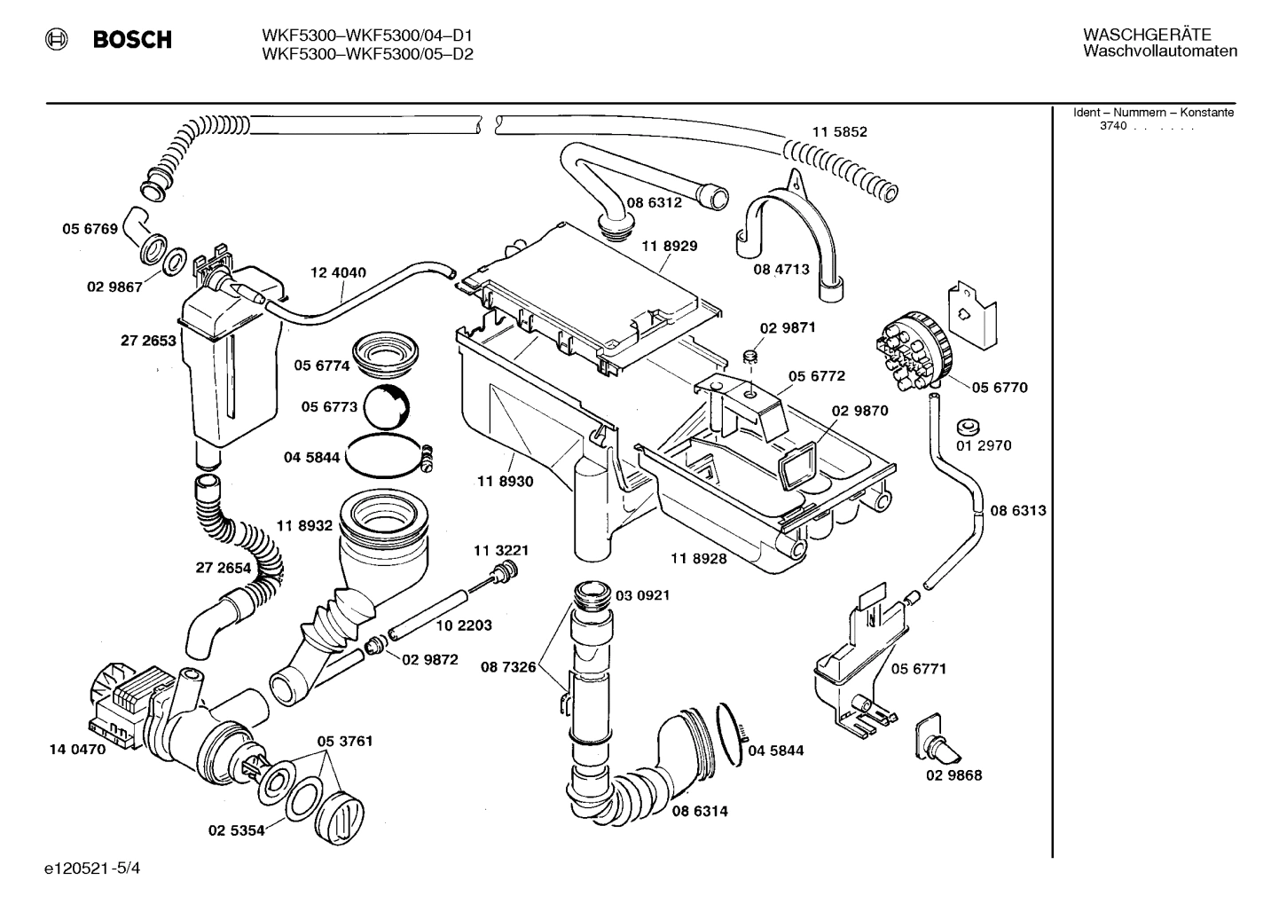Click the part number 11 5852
[839, 131]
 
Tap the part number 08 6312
[654, 202]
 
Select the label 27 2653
[148, 340]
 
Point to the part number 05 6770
[999, 387]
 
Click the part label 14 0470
[77, 749]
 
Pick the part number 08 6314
[699, 811]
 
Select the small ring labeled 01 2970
[966, 422]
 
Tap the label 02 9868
[954, 775]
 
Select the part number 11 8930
[505, 481]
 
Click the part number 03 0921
[642, 595]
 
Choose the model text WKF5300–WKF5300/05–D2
[367, 53]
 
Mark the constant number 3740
[1113, 126]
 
